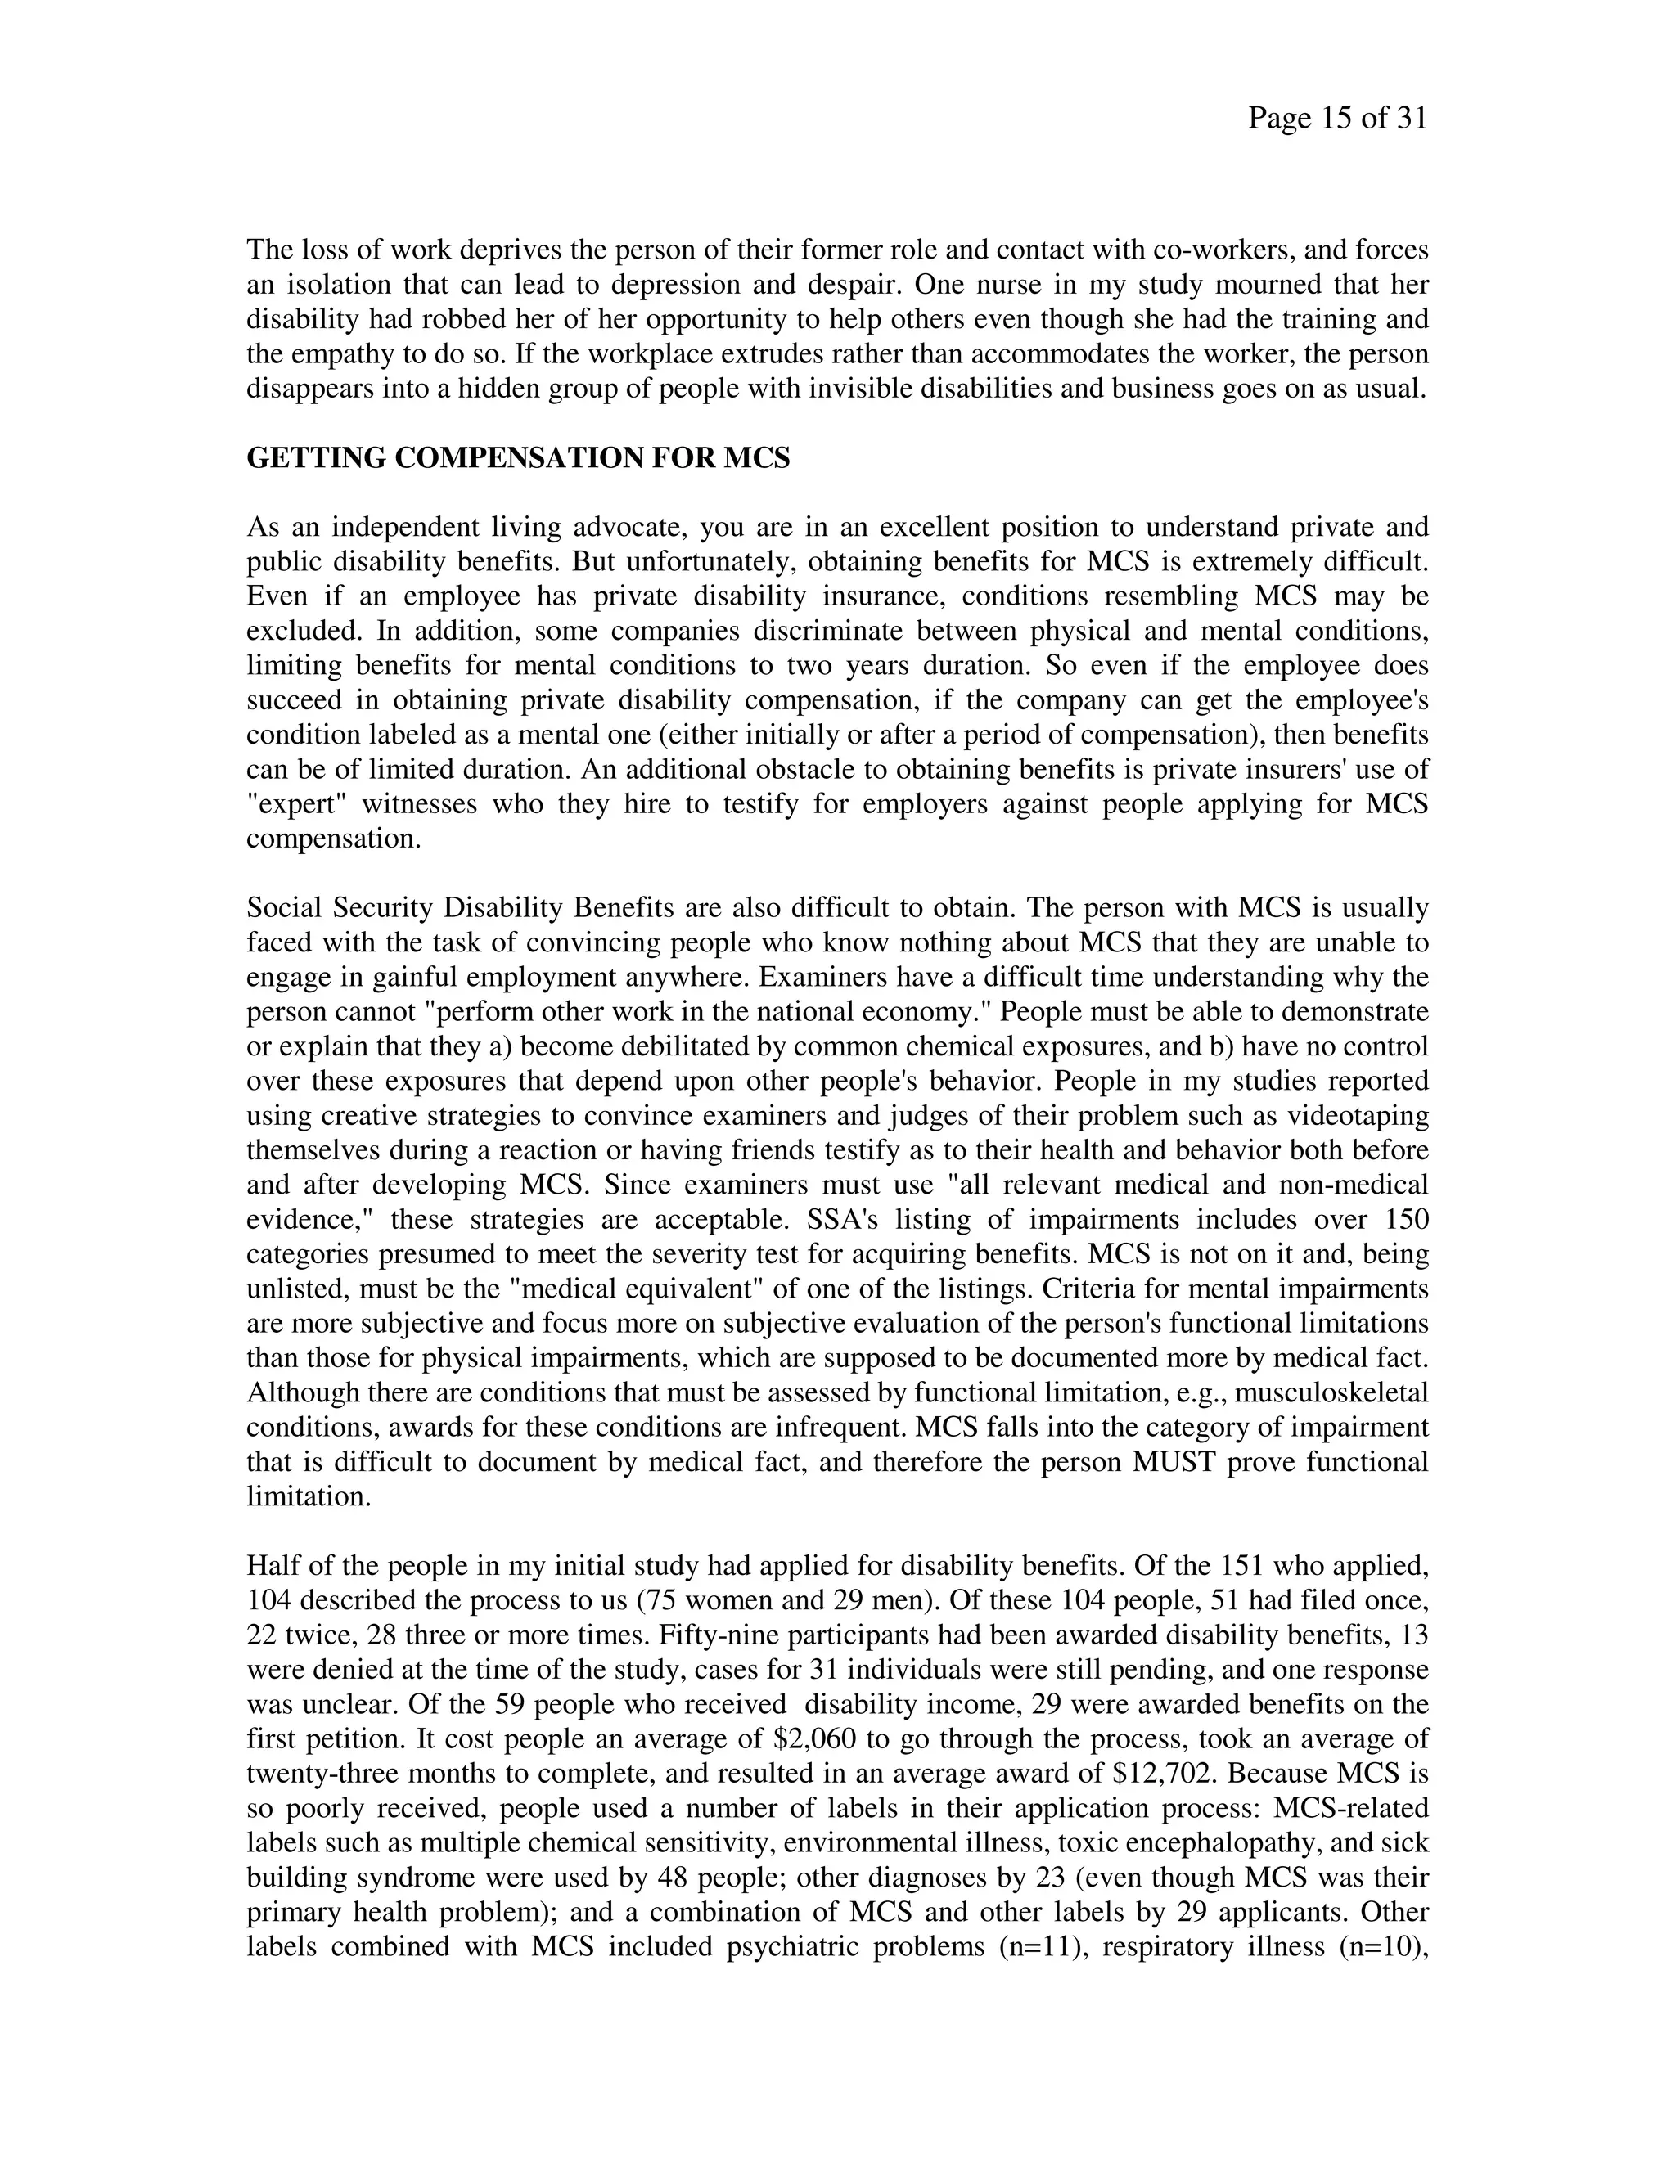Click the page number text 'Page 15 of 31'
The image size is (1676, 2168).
tap(1336, 119)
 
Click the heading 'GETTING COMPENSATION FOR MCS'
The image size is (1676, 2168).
tap(517, 459)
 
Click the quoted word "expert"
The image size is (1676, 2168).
tap(297, 804)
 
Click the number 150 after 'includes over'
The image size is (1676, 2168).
tap(1402, 1220)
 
